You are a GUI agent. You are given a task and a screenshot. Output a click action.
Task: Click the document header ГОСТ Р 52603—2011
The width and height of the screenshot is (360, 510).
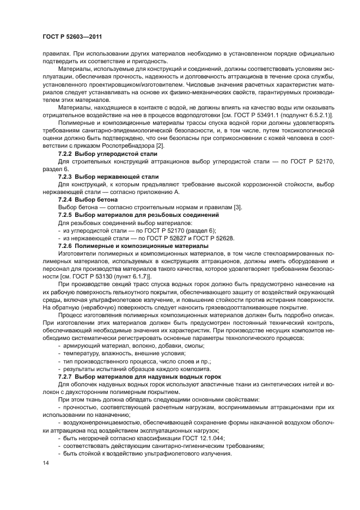pyautogui.click(x=72, y=37)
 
